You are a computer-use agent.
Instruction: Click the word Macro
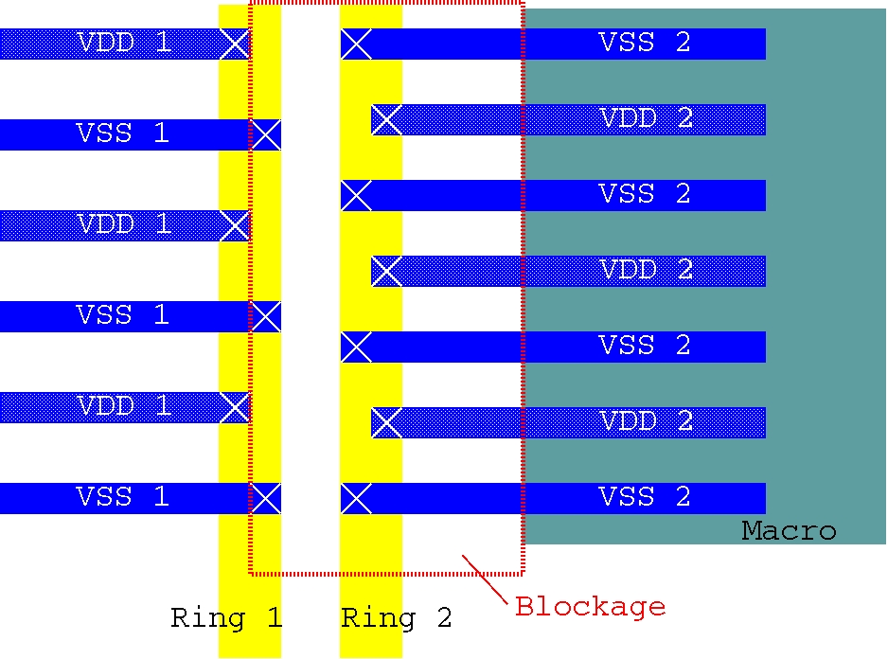coord(789,531)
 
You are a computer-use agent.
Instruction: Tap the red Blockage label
coord(590,606)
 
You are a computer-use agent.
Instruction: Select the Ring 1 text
coord(226,619)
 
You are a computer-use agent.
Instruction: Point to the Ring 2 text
coord(396,619)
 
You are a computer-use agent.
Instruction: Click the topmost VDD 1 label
coord(124,43)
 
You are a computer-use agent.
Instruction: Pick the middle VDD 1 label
coord(124,224)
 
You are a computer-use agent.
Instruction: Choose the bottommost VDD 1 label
coord(124,406)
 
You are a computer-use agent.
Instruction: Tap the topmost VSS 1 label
coord(122,134)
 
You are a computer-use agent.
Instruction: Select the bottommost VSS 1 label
coord(122,497)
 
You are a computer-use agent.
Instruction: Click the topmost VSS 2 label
coord(645,43)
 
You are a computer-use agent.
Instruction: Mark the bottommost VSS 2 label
coord(645,497)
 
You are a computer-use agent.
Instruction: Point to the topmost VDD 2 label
coord(647,118)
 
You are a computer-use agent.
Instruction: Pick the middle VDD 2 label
coord(647,270)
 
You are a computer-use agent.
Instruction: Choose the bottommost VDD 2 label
coord(647,421)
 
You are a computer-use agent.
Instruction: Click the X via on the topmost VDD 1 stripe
coord(234,44)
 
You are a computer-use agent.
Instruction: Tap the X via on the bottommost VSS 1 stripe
coord(266,498)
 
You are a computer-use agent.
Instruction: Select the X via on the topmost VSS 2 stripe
coord(356,44)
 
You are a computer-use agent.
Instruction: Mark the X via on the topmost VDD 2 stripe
coord(386,119)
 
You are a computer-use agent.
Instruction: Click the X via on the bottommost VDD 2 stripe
coord(386,422)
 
